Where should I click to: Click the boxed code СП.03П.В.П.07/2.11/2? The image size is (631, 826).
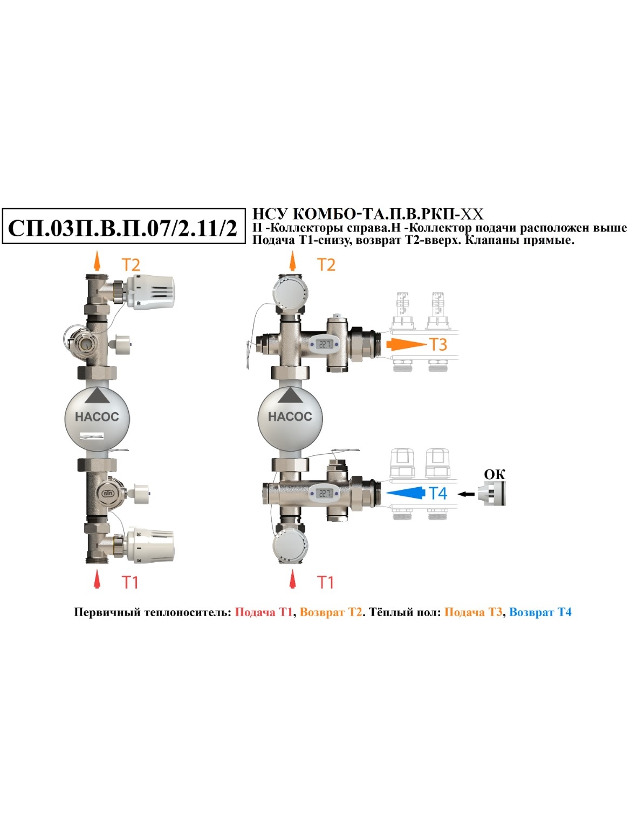[123, 228]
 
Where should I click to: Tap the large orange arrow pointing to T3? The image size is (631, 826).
[407, 344]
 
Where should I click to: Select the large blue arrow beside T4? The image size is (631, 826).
[406, 493]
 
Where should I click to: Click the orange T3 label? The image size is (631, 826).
[438, 344]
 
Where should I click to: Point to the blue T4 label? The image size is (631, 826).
[438, 493]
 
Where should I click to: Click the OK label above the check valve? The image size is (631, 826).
[495, 474]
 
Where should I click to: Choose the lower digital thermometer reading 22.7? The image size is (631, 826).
[324, 493]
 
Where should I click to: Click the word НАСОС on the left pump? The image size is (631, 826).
[97, 417]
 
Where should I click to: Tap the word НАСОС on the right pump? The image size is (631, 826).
[290, 416]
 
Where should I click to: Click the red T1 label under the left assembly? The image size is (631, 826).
[130, 582]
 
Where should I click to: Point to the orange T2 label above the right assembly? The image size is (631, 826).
[326, 264]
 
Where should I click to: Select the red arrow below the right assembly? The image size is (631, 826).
[292, 578]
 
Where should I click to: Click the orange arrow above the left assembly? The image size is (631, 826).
[97, 261]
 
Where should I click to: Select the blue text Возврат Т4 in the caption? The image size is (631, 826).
[540, 612]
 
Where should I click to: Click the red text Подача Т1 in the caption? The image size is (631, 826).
[263, 612]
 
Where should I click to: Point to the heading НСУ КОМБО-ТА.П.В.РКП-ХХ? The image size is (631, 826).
[367, 214]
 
